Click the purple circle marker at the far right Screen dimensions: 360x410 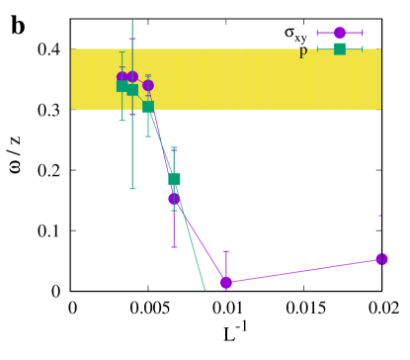[x=381, y=259]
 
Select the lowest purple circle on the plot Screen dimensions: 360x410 [x=226, y=282]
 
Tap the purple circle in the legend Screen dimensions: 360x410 [x=340, y=33]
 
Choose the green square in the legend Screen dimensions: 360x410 [x=340, y=48]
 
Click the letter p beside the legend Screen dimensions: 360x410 [x=303, y=52]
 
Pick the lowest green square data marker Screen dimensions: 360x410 [x=174, y=179]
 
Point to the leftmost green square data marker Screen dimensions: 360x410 [x=123, y=86]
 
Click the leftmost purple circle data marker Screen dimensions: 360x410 [x=123, y=76]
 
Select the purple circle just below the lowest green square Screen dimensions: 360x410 [x=174, y=198]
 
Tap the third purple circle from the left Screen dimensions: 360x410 [x=148, y=85]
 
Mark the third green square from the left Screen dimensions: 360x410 [x=148, y=107]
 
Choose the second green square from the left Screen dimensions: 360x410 [x=132, y=90]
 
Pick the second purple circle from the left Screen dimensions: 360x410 [x=132, y=76]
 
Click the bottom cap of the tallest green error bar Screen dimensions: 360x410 [x=132, y=188]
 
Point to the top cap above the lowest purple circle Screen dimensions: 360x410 [x=226, y=251]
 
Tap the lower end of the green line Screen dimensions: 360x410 [x=205, y=289]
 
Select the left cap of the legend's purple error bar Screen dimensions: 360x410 [x=317, y=33]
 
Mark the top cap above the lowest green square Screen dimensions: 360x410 [x=174, y=148]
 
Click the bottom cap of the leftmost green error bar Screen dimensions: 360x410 [x=123, y=121]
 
